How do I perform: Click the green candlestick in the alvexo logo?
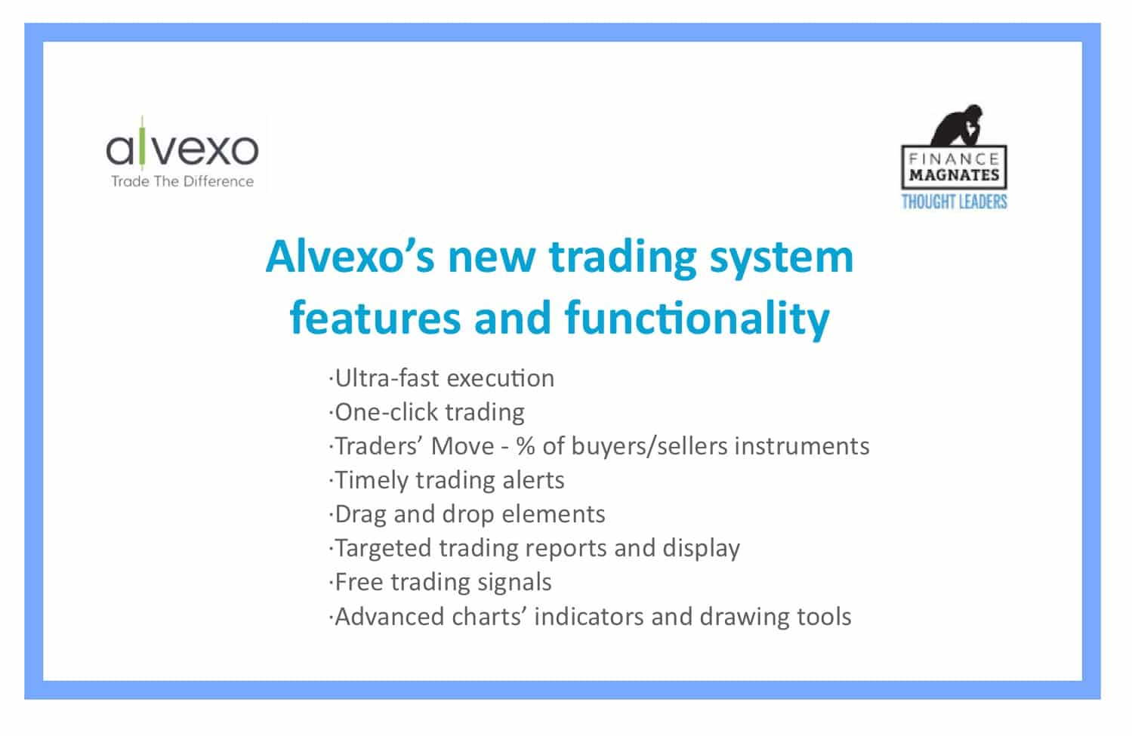click(142, 143)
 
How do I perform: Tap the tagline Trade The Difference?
click(183, 181)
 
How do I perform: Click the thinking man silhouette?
click(957, 125)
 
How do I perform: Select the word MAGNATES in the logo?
click(954, 175)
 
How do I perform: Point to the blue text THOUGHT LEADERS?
click(954, 202)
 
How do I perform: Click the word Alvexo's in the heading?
click(350, 257)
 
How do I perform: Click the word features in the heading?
click(375, 318)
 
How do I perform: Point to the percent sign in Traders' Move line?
click(525, 446)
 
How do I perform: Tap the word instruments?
click(801, 446)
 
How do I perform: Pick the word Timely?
click(372, 480)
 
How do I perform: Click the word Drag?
click(360, 514)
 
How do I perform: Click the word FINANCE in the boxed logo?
click(954, 159)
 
